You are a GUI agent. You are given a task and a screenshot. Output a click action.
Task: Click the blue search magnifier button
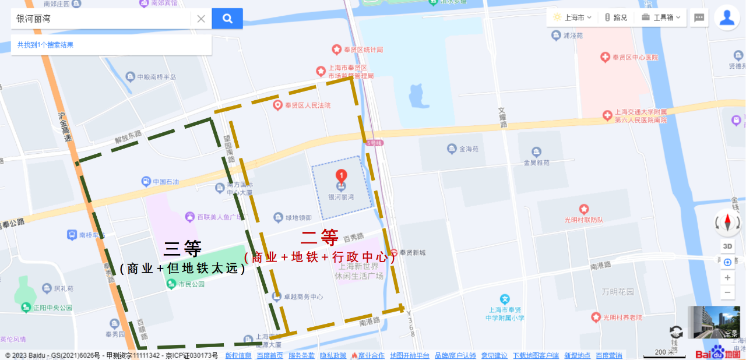(x=227, y=19)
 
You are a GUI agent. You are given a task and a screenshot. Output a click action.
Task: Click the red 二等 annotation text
(x=319, y=237)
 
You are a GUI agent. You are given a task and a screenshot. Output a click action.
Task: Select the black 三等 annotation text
(x=182, y=249)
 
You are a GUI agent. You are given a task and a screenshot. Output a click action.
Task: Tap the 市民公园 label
(x=191, y=284)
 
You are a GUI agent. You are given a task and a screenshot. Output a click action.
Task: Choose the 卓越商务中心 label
(x=303, y=297)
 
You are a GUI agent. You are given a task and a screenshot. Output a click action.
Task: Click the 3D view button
(x=727, y=246)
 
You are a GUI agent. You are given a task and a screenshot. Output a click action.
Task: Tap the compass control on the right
(x=727, y=222)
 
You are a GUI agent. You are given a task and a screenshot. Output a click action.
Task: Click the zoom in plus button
(x=727, y=278)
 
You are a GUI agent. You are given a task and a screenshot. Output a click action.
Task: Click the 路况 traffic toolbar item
(x=615, y=17)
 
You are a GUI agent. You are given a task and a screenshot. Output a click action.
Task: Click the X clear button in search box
(x=201, y=19)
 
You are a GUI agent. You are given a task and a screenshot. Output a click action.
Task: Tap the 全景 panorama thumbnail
(x=714, y=322)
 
